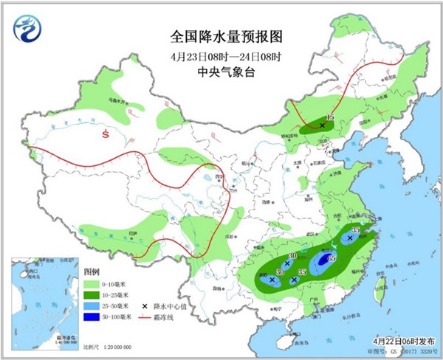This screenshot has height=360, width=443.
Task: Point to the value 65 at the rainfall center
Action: [x=332, y=258]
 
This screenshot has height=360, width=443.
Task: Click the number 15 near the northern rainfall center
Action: [x=331, y=118]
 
